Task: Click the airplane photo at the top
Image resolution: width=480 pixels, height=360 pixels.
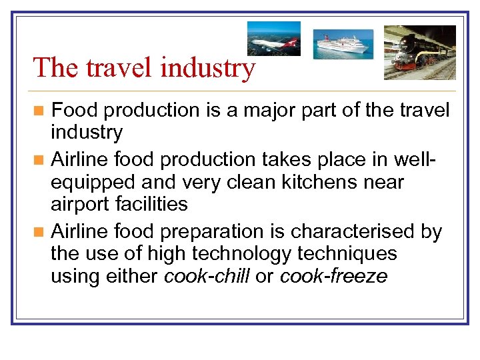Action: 273,38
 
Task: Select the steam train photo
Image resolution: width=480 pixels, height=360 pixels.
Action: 419,52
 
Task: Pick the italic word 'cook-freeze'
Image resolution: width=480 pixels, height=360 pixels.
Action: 333,276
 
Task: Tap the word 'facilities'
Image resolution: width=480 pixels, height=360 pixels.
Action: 155,203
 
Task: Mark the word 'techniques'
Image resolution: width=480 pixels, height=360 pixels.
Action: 349,254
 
